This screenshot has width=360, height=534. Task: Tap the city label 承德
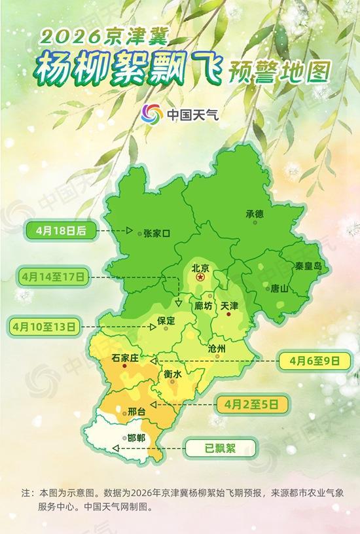point(255,214)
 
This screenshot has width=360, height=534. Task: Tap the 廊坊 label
point(204,306)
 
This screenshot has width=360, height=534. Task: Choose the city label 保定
point(167,321)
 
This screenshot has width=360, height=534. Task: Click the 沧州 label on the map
point(216,349)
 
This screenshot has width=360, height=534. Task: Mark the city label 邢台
point(135,412)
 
